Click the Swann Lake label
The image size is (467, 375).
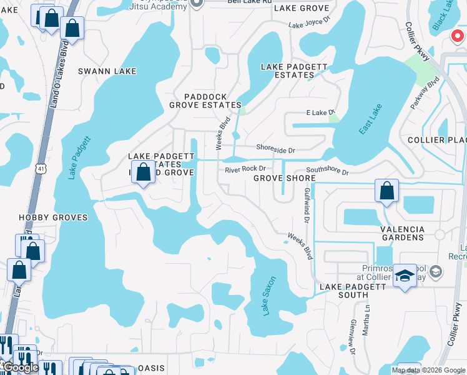(x=107, y=71)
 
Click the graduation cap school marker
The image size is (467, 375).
(x=405, y=276)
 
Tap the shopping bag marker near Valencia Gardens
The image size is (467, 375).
(x=386, y=190)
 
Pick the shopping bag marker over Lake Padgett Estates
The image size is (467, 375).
(x=144, y=172)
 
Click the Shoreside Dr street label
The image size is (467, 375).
(x=275, y=149)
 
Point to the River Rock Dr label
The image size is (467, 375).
(x=245, y=169)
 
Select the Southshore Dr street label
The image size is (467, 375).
(x=327, y=171)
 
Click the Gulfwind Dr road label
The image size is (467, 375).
(x=307, y=205)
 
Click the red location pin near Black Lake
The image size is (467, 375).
(x=458, y=36)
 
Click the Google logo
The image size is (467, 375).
(x=21, y=367)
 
